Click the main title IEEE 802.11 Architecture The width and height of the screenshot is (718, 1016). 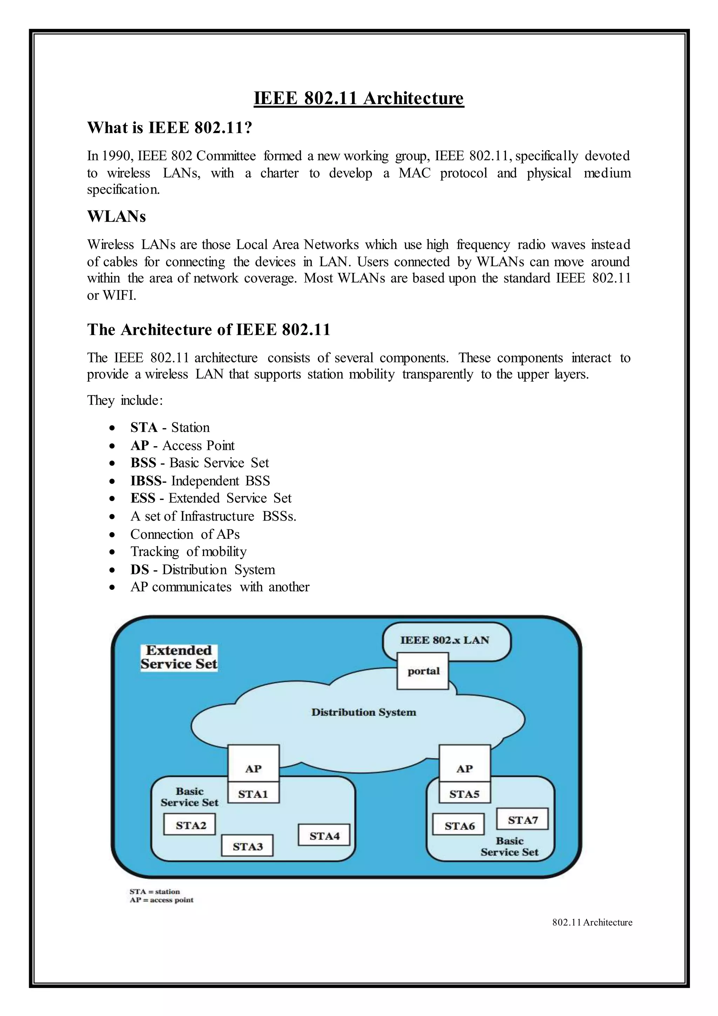pos(359,98)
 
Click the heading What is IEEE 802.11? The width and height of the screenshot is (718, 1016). pos(170,128)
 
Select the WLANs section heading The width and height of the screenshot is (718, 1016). pos(116,216)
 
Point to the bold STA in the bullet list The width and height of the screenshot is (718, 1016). pos(144,427)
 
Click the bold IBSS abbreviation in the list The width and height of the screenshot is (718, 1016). pos(145,481)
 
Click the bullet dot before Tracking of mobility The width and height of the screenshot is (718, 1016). pos(113,552)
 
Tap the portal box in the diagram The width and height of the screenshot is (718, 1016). pos(423,671)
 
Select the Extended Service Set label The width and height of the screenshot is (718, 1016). pos(179,657)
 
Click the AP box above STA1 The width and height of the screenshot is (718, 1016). pos(253,769)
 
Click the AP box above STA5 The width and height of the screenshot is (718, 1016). pos(464,769)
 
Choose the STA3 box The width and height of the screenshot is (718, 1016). pos(247,847)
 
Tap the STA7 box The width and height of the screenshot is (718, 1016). pos(522,820)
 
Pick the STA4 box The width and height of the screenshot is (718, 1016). pos(324,836)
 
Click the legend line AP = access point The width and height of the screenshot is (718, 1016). pos(161,900)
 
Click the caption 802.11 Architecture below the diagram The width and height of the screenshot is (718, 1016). pos(592,922)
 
